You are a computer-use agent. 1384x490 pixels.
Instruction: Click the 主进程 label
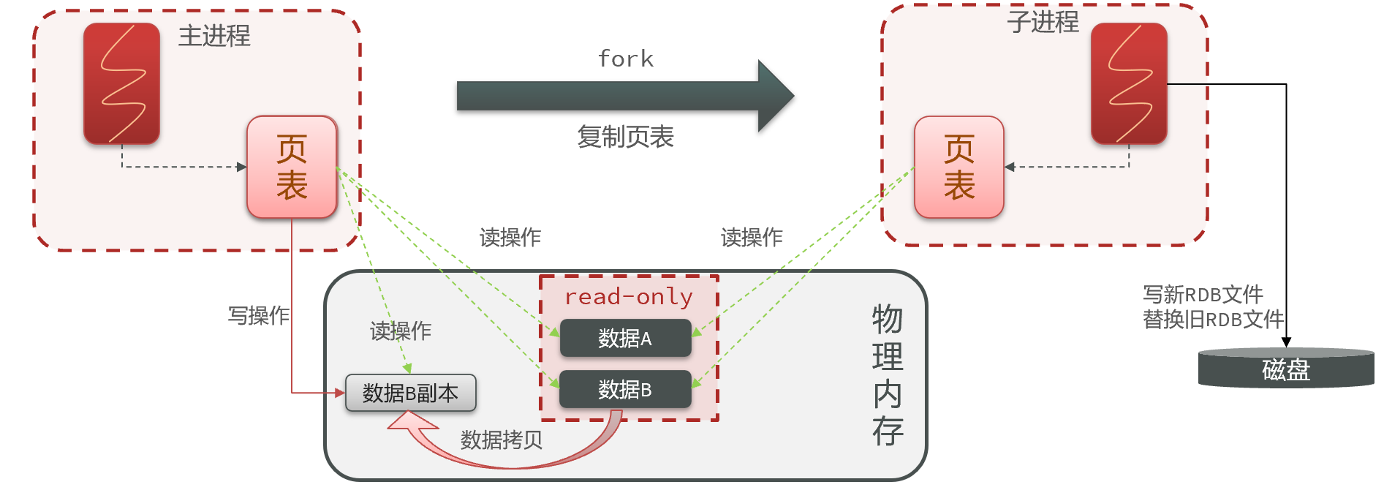[214, 36]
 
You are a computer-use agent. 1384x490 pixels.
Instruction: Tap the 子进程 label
[1043, 22]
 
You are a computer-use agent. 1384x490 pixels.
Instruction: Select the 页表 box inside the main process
[292, 167]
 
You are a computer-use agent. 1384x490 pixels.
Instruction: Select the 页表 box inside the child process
[958, 167]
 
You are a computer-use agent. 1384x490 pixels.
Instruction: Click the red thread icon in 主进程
[121, 83]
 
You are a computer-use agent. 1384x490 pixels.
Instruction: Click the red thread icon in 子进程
[1128, 83]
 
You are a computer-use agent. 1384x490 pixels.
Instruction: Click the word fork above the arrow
[625, 59]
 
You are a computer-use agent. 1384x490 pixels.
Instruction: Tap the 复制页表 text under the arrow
[625, 137]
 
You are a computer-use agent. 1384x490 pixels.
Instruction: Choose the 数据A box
[625, 338]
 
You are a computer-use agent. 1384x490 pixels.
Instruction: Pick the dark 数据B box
[625, 389]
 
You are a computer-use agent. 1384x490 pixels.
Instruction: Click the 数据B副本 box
[410, 393]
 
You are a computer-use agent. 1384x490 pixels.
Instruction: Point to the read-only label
[628, 296]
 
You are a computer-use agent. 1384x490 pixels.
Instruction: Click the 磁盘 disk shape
[1286, 369]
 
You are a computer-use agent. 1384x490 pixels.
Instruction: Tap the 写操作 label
[258, 315]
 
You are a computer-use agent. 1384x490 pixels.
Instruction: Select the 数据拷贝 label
[502, 440]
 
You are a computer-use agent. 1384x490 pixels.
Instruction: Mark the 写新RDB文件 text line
[1203, 295]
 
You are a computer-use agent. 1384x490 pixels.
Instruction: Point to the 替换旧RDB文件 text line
[1213, 320]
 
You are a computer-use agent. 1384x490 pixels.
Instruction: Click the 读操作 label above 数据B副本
[401, 331]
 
